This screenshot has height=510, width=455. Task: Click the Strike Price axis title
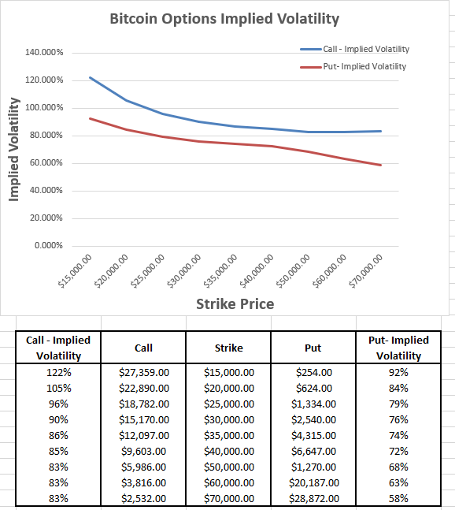pos(234,303)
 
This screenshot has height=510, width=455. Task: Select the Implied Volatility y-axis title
pos(13,149)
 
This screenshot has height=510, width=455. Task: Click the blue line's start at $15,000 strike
pos(91,77)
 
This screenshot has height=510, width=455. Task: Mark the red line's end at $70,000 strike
pos(381,165)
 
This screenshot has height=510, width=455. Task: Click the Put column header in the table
pos(313,348)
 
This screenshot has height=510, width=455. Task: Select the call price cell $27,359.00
pos(143,372)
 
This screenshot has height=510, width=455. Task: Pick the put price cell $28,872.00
pos(313,498)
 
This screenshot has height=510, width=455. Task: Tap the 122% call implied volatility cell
pos(58,372)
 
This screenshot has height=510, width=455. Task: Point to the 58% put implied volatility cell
pos(398,498)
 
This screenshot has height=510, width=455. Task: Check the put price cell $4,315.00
pos(313,435)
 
